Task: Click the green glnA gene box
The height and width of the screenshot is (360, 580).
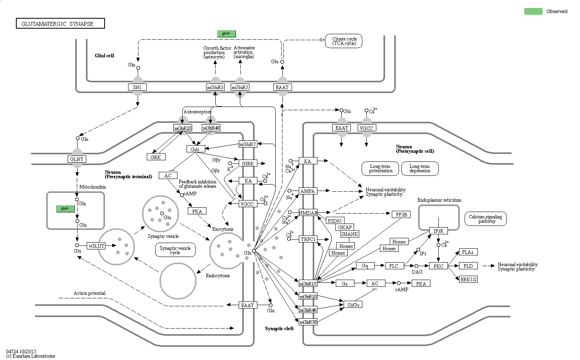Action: [226, 33]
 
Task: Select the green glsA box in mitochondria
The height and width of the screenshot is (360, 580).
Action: [65, 208]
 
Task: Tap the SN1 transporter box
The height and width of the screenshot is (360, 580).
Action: [137, 87]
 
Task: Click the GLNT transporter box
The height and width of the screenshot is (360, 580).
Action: [77, 159]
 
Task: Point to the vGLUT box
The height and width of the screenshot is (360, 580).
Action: [96, 246]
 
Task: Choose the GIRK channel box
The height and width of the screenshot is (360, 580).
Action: [248, 163]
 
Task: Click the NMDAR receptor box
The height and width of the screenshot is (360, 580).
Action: [308, 213]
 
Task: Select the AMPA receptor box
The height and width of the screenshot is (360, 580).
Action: [308, 191]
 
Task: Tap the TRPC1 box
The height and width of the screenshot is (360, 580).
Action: [308, 239]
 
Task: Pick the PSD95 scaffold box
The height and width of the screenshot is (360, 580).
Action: [335, 221]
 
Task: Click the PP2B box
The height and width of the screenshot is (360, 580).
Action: [401, 214]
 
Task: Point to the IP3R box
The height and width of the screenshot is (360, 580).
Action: [438, 231]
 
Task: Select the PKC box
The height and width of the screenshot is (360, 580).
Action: [438, 266]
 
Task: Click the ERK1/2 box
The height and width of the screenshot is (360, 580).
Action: [468, 279]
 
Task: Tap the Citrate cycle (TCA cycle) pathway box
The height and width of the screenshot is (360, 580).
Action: [344, 41]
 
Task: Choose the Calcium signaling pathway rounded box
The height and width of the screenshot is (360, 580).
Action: [485, 219]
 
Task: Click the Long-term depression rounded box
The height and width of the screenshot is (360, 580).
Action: [419, 168]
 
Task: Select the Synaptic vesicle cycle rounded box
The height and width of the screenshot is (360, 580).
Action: [175, 250]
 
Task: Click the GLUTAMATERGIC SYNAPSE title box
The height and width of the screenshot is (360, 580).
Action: [60, 24]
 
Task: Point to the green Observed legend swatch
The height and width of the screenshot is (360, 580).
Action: [533, 11]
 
